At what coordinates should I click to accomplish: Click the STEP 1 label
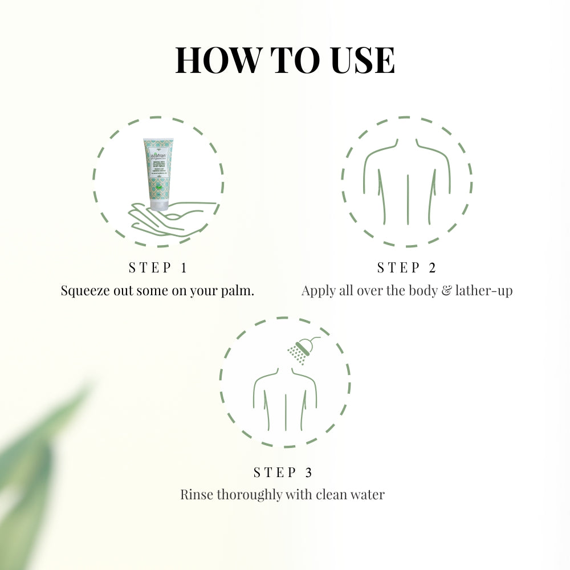[158, 267]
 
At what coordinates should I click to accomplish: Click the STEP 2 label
[406, 267]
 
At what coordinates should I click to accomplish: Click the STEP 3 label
[283, 472]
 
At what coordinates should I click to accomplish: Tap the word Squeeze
[85, 291]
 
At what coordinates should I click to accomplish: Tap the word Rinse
[196, 494]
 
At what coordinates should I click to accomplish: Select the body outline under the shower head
[285, 399]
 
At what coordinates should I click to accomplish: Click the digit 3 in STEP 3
[308, 472]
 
